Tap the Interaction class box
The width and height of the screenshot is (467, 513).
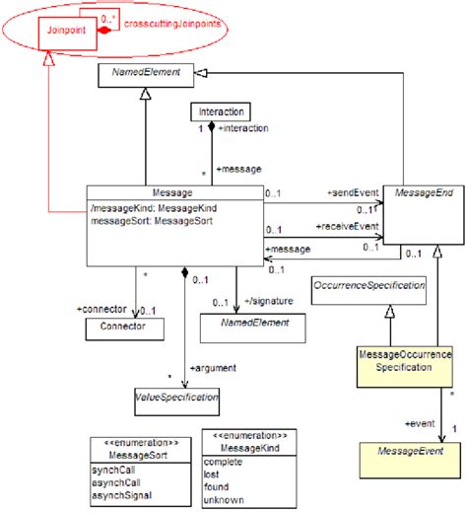(x=219, y=111)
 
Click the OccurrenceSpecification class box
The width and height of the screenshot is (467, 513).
(x=368, y=286)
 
